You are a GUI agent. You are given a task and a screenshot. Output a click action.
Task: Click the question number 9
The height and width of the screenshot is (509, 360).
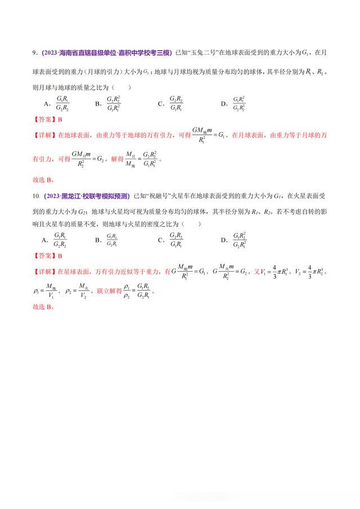[35, 52]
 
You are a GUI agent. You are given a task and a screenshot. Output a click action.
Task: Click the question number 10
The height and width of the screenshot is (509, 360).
[36, 196]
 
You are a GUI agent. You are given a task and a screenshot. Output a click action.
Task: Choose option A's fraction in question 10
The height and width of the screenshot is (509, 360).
[61, 240]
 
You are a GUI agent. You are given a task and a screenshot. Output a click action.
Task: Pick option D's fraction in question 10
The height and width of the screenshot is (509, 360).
[238, 240]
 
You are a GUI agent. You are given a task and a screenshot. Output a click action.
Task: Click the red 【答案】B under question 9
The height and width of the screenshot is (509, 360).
[48, 119]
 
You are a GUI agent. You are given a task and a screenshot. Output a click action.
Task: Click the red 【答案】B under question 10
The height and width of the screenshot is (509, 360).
[48, 256]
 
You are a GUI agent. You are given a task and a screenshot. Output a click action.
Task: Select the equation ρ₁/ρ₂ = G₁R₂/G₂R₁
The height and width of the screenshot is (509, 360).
[136, 292]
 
